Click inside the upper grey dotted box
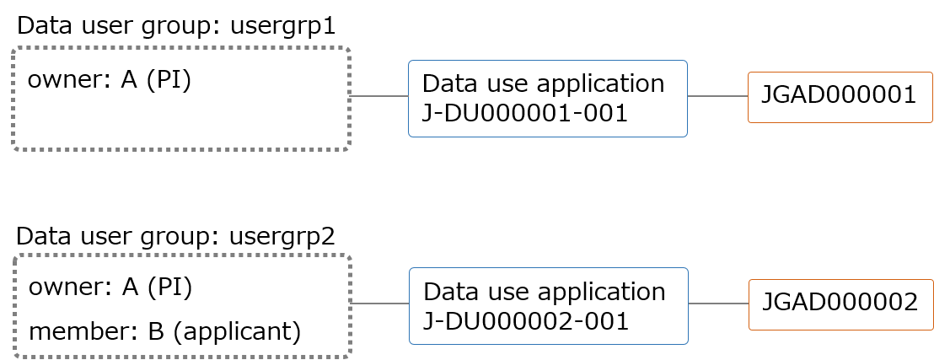[x=180, y=99]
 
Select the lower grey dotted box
[x=182, y=305]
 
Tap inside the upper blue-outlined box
[x=548, y=99]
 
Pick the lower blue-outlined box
[x=549, y=306]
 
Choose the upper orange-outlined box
[x=840, y=97]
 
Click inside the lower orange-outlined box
[x=841, y=304]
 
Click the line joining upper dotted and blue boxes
[x=379, y=96]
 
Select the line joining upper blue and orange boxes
[x=718, y=96]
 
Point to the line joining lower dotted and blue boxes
[x=380, y=304]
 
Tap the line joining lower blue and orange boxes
[x=719, y=304]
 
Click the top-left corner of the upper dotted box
[x=13, y=49]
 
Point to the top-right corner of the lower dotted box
[x=349, y=255]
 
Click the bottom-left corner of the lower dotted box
[x=15, y=356]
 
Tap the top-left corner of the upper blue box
[x=409, y=61]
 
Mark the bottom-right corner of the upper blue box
[x=687, y=137]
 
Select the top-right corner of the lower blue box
[x=688, y=268]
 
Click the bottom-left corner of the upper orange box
[x=749, y=122]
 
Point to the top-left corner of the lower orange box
[x=749, y=280]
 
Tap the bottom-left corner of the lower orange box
[x=749, y=330]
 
